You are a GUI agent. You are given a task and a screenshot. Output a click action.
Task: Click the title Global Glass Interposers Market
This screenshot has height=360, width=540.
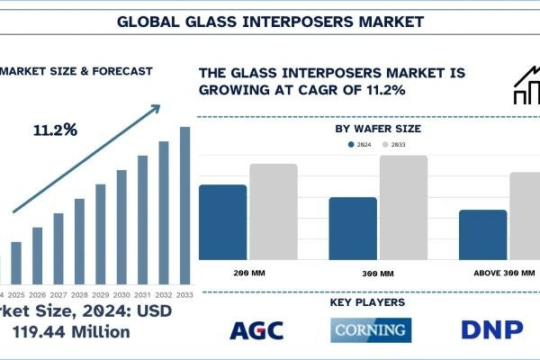coord(270,20)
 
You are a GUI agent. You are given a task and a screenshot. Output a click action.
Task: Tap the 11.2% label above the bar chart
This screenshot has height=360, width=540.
coord(55,130)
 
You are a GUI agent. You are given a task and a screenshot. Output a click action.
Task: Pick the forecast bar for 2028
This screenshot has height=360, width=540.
coord(79,240)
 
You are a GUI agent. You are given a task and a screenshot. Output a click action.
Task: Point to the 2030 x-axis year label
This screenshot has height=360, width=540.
coord(121,295)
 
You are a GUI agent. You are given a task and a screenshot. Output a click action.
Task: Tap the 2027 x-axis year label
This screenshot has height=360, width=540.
coord(58,295)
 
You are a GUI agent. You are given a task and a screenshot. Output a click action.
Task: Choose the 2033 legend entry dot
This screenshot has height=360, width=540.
coord(385,145)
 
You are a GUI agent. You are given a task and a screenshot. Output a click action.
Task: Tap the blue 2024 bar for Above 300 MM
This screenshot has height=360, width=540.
coord(482,235)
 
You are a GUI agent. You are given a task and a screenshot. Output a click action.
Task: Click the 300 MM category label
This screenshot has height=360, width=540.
coord(353,273)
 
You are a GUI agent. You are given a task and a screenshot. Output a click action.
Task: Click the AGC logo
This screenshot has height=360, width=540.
coord(256,330)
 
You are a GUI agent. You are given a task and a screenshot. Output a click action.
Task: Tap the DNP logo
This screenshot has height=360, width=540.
coord(491,330)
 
